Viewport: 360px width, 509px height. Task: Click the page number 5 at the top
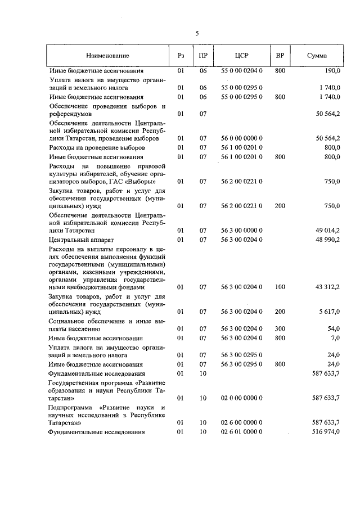[x=197, y=33]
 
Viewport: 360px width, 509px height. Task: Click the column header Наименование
[x=107, y=56]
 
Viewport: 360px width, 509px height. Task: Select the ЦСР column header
[x=242, y=56]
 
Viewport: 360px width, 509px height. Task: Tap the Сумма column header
[x=317, y=56]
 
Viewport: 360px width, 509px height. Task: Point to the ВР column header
[x=280, y=56]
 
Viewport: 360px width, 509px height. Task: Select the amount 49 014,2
[x=326, y=230]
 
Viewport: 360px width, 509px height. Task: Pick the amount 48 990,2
[x=326, y=240]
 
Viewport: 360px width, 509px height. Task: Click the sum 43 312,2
[x=326, y=287]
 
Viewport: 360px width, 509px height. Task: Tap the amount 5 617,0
[x=328, y=312]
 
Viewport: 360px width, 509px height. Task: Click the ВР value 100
[x=280, y=287]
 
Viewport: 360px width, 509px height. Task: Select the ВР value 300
[x=280, y=328]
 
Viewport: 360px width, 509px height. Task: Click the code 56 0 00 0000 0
[x=242, y=138]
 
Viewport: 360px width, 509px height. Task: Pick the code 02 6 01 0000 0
[x=242, y=432]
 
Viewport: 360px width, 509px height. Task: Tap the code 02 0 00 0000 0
[x=242, y=398]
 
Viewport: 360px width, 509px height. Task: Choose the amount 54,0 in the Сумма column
[x=334, y=328]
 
